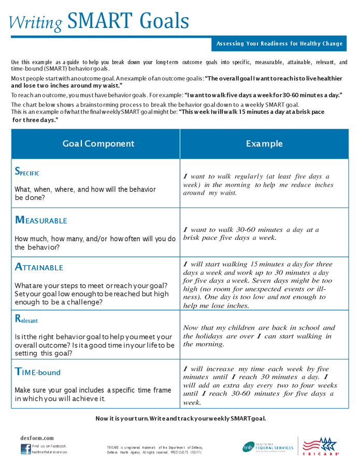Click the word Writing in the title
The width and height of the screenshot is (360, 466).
pos(36,22)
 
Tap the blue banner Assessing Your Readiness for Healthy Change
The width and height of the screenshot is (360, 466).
pos(279,44)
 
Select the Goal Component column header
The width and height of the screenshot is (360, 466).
pos(98,144)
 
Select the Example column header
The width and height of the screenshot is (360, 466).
pos(264,144)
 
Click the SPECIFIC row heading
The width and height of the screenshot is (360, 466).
pos(27,172)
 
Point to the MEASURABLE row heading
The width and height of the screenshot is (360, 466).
pos(41,220)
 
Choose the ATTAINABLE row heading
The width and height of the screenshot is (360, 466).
pos(39,267)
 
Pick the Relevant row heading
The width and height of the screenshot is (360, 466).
pos(26,319)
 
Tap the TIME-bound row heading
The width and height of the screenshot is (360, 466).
pos(38,372)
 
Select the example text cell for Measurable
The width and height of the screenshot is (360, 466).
pos(251,234)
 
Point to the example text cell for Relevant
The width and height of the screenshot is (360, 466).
pos(259,336)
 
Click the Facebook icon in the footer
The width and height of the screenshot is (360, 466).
pos(25,448)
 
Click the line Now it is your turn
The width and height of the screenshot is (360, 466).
pos(181,418)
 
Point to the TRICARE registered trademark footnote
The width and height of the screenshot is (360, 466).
pos(155,449)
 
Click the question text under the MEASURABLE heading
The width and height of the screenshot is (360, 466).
pos(95,243)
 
